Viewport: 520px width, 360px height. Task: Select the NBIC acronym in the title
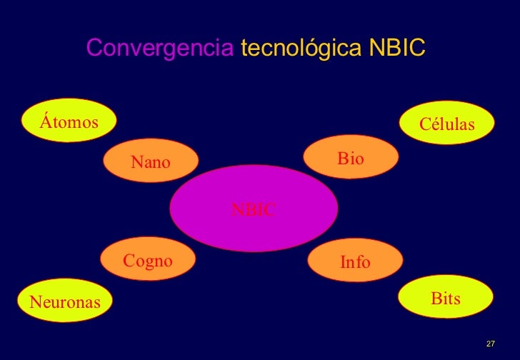click(x=396, y=49)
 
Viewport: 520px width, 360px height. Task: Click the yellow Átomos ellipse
click(x=69, y=122)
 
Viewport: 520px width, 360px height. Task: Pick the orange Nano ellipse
click(x=151, y=161)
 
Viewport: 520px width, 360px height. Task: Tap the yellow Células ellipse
click(x=447, y=123)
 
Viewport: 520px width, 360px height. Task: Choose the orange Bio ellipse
click(x=351, y=158)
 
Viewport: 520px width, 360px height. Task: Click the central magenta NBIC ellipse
click(x=254, y=209)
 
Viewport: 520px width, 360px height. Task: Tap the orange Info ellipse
click(x=355, y=261)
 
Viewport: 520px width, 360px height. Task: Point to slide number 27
click(x=490, y=344)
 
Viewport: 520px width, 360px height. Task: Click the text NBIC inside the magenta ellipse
click(x=254, y=209)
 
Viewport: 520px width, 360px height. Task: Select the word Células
click(x=447, y=124)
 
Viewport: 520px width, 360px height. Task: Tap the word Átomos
click(x=69, y=122)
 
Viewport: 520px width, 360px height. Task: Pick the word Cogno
click(x=149, y=261)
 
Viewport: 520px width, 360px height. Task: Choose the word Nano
click(x=151, y=162)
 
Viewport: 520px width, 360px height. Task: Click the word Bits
click(x=446, y=298)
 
